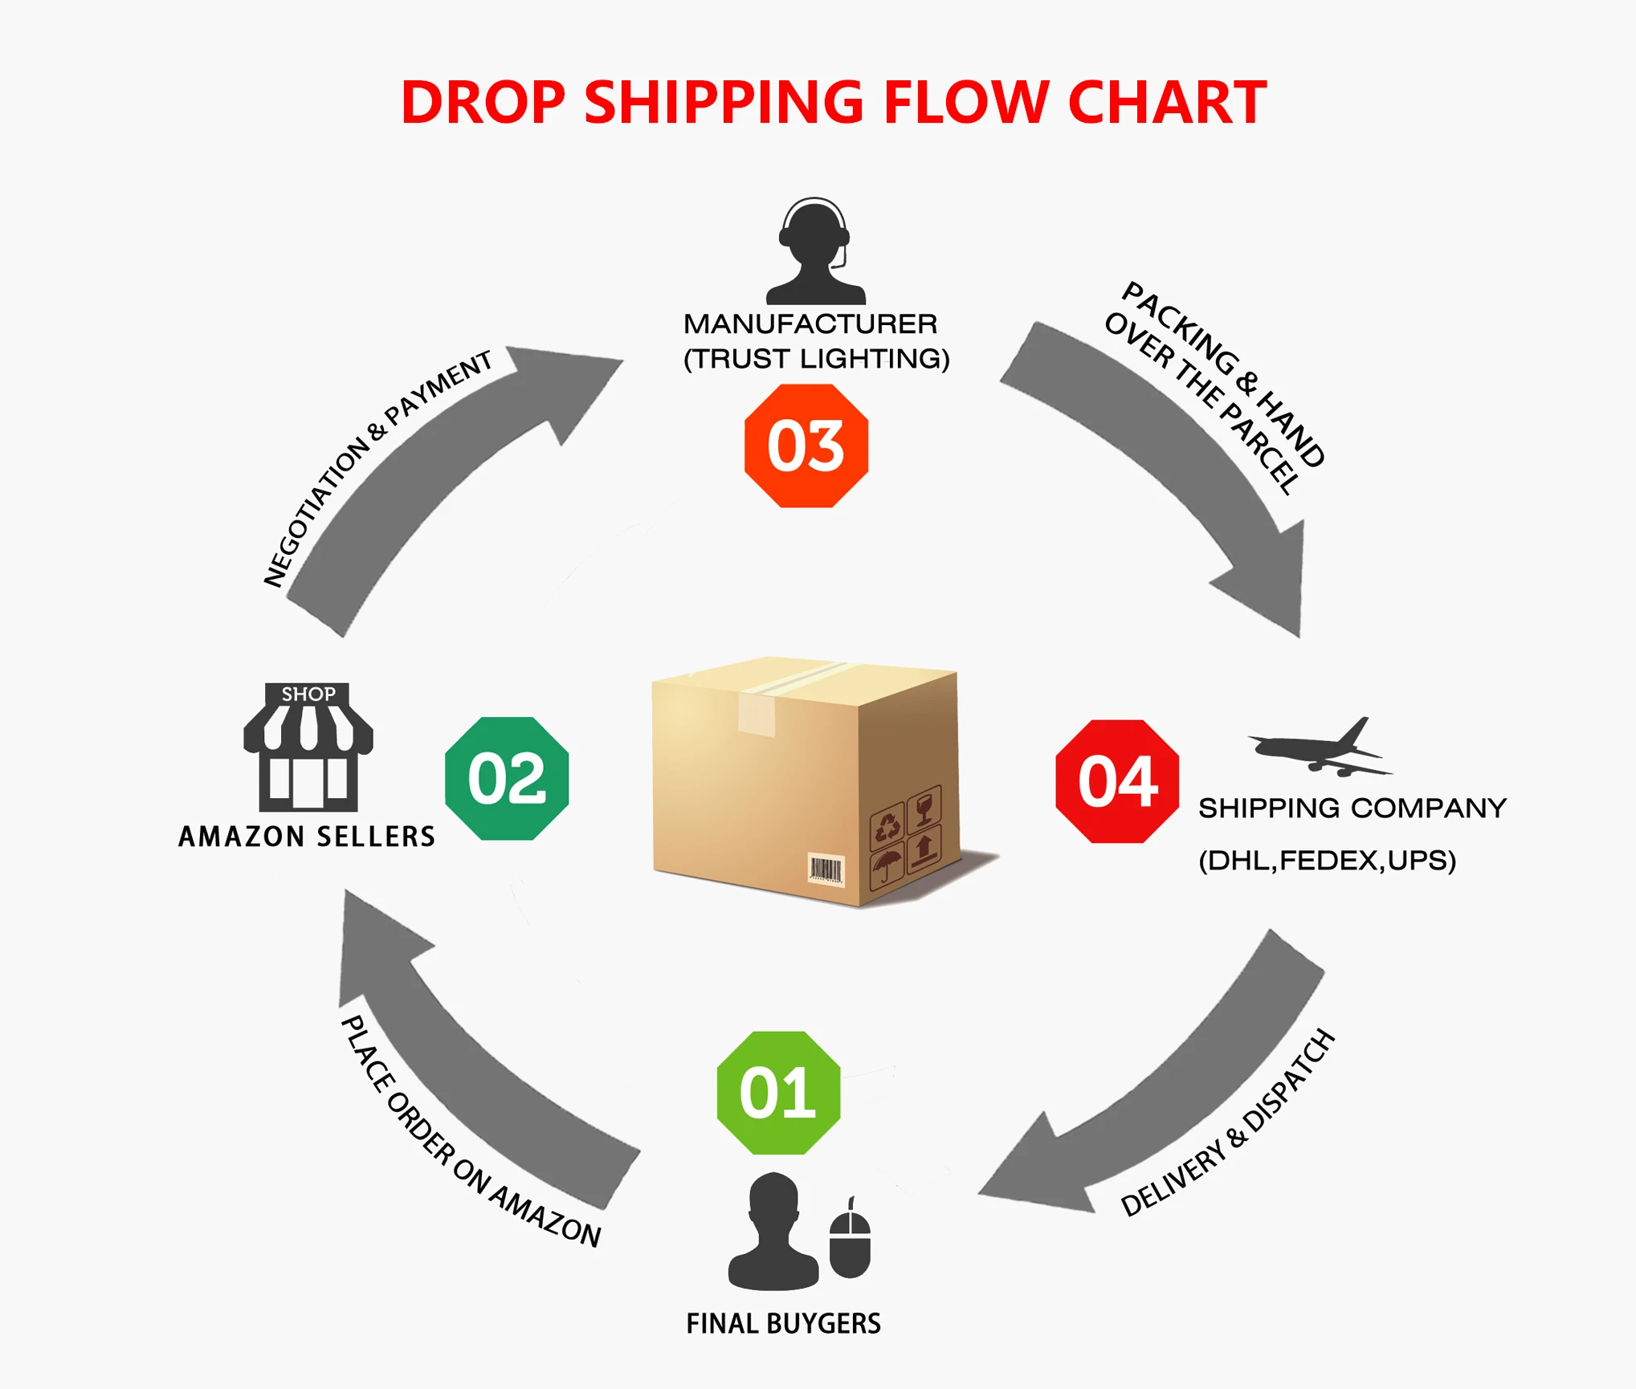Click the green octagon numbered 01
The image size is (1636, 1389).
coord(778,1092)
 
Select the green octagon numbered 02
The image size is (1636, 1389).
coord(507,778)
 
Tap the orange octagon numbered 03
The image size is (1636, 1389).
coord(806,446)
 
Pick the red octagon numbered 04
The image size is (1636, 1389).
coord(1117,781)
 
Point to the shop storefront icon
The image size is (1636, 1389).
coord(308,747)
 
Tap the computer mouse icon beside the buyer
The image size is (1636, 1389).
coord(850,1240)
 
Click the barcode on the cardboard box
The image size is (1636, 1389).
coord(826,870)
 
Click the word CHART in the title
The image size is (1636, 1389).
coord(1167,103)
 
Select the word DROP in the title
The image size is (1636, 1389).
coord(483,103)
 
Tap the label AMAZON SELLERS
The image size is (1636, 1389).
coord(307,837)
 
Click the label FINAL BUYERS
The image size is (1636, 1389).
coord(783,1323)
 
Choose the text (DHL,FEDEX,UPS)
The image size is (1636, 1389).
coord(1327,860)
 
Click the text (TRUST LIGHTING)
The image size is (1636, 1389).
coord(816,358)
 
